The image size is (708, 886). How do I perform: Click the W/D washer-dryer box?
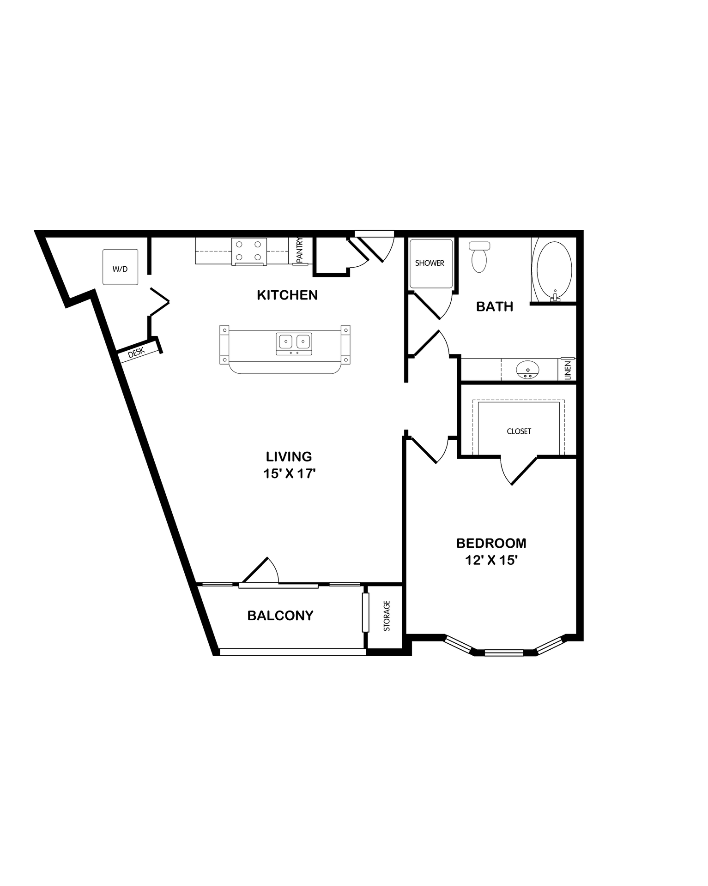pyautogui.click(x=120, y=267)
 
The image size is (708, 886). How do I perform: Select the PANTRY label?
pyautogui.click(x=299, y=251)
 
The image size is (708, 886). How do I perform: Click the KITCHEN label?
pyautogui.click(x=287, y=295)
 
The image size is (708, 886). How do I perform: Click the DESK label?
pyautogui.click(x=136, y=353)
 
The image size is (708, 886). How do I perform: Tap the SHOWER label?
pyautogui.click(x=430, y=263)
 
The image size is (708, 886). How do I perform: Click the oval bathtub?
pyautogui.click(x=554, y=269)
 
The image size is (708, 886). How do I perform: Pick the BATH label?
pyautogui.click(x=495, y=306)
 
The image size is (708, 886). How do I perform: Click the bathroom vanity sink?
pyautogui.click(x=527, y=370)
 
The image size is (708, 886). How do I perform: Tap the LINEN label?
pyautogui.click(x=568, y=370)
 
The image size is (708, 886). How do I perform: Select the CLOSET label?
pyautogui.click(x=519, y=431)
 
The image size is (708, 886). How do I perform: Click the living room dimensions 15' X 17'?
pyautogui.click(x=289, y=473)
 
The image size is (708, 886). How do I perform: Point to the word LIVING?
pyautogui.click(x=289, y=456)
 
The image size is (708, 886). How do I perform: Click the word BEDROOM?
pyautogui.click(x=491, y=543)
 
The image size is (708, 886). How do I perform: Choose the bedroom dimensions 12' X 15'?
pyautogui.click(x=491, y=560)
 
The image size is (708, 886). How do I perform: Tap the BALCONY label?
pyautogui.click(x=280, y=616)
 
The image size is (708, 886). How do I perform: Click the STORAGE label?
pyautogui.click(x=387, y=616)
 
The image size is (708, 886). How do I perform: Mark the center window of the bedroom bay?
pyautogui.click(x=504, y=653)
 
